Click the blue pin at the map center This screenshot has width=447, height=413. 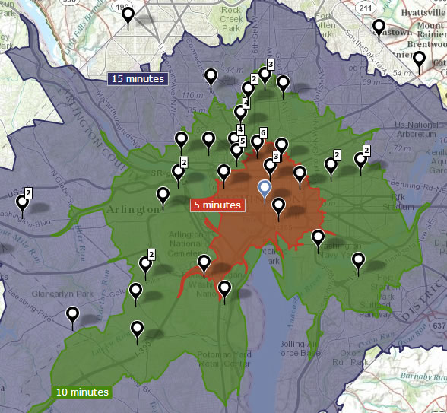point(265,189)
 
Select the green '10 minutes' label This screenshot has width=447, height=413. point(82,392)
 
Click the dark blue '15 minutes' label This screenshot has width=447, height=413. point(137,78)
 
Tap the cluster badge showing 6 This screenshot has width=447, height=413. point(263,133)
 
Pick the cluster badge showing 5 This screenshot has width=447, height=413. point(242,141)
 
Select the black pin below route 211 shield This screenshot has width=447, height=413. point(379,28)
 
